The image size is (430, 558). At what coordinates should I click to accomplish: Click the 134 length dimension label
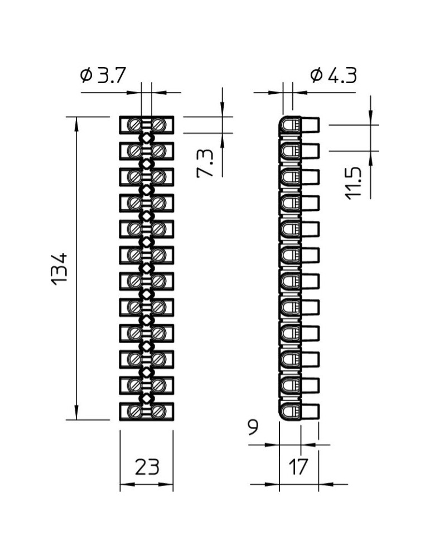tap(59, 269)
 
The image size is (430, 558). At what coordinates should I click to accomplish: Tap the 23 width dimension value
tap(147, 466)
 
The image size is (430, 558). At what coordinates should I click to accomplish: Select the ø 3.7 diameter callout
tap(103, 75)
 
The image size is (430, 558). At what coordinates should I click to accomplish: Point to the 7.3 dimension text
tap(205, 163)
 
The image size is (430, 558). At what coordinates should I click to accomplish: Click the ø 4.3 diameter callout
tap(334, 75)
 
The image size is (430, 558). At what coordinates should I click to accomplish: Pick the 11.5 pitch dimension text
tap(353, 183)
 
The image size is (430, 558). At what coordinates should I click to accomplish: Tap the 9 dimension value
tap(253, 427)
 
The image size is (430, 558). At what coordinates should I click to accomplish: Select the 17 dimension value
tap(297, 466)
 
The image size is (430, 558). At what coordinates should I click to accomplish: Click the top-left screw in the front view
tap(135, 125)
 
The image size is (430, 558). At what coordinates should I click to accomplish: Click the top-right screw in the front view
tap(158, 125)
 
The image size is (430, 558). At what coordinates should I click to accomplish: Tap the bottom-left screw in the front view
tap(135, 411)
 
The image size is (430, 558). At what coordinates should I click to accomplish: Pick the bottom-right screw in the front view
tap(158, 411)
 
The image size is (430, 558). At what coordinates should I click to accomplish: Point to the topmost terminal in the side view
tap(299, 124)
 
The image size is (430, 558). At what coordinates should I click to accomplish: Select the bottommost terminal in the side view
tap(299, 411)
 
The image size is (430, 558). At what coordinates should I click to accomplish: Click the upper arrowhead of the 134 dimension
tap(76, 123)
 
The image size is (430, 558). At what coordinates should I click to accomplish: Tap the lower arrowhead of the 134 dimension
tap(76, 413)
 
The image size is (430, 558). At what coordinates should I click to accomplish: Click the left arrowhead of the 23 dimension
tap(127, 484)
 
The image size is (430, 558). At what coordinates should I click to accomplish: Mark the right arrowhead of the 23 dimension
tap(166, 484)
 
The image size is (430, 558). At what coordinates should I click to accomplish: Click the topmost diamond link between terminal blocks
tap(147, 138)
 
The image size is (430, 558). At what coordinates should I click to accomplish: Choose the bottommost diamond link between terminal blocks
tap(147, 398)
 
